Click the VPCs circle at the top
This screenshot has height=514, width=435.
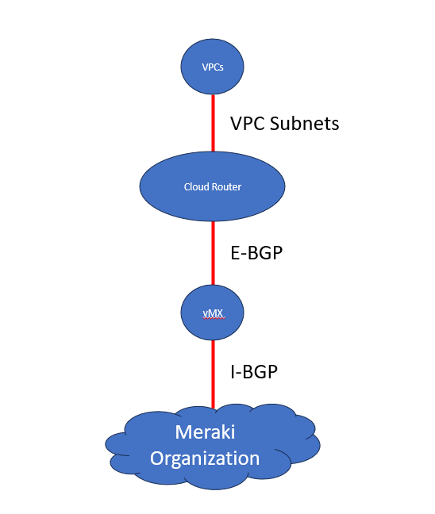212,67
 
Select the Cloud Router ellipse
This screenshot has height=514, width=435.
212,186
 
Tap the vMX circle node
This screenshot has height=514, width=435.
212,313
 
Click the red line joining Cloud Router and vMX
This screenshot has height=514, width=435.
213,254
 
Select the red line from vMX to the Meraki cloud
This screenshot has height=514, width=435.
213,373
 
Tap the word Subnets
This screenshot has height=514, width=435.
304,124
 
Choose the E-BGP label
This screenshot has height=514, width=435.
256,254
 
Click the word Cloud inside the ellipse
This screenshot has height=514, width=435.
194,187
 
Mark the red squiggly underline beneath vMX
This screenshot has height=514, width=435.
212,317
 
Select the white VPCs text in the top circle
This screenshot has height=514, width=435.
212,67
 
